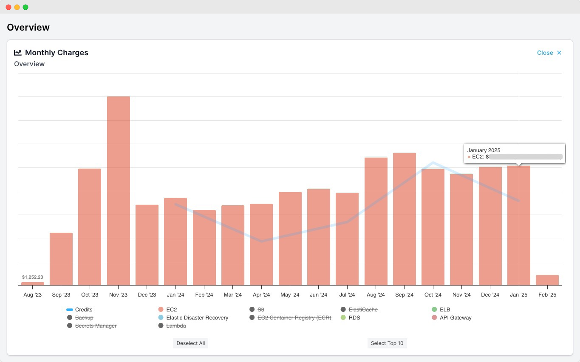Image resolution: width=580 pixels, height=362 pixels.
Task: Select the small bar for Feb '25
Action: (547, 280)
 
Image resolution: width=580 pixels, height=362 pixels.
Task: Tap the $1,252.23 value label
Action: (33, 277)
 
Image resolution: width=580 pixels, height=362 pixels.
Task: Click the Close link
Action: (549, 53)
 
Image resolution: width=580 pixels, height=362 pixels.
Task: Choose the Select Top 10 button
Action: (387, 343)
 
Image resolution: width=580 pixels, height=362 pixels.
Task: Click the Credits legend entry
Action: (83, 310)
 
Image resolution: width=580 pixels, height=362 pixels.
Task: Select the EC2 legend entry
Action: (171, 310)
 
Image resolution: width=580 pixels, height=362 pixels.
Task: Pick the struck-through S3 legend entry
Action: (260, 310)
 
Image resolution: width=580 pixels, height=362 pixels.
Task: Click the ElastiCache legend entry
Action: (362, 310)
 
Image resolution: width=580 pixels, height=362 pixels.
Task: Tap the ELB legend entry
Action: (444, 310)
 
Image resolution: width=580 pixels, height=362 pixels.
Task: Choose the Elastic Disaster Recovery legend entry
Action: (197, 318)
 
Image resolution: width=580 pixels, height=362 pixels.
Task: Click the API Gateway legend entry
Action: (455, 318)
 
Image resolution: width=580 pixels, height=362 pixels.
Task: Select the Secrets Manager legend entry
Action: (96, 326)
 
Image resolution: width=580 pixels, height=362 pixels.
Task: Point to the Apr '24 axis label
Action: (261, 295)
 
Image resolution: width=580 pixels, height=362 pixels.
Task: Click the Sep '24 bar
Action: (404, 219)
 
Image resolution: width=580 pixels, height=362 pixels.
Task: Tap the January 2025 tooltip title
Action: (484, 150)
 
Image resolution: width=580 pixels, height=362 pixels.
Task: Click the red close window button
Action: (8, 7)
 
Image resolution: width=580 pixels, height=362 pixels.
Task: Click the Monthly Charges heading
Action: (57, 53)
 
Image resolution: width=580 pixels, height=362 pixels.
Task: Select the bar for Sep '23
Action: (61, 259)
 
